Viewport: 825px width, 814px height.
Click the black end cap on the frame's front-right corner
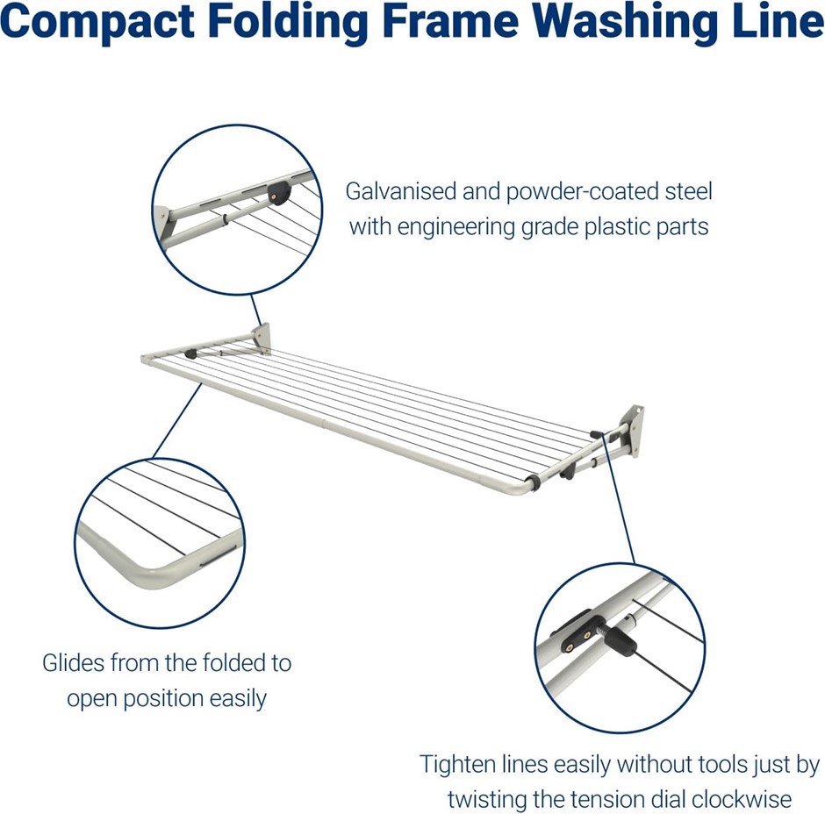point(533,481)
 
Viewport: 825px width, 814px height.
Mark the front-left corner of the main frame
point(146,359)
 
